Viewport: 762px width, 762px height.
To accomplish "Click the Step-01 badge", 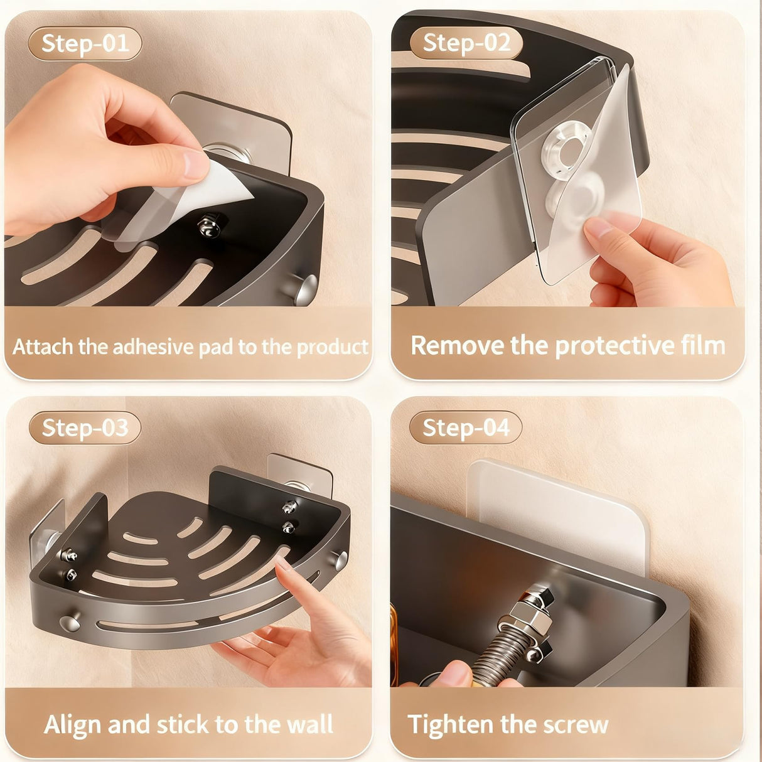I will [x=85, y=44].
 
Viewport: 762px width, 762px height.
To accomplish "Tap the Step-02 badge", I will [x=466, y=43].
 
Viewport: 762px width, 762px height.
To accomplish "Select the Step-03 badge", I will [x=85, y=428].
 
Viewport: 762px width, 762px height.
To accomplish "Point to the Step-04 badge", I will [x=466, y=428].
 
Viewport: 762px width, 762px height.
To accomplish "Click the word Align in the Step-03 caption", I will [x=73, y=724].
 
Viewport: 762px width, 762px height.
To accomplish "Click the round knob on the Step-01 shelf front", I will [x=305, y=288].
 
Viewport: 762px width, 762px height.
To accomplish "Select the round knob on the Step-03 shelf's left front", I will [x=69, y=623].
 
